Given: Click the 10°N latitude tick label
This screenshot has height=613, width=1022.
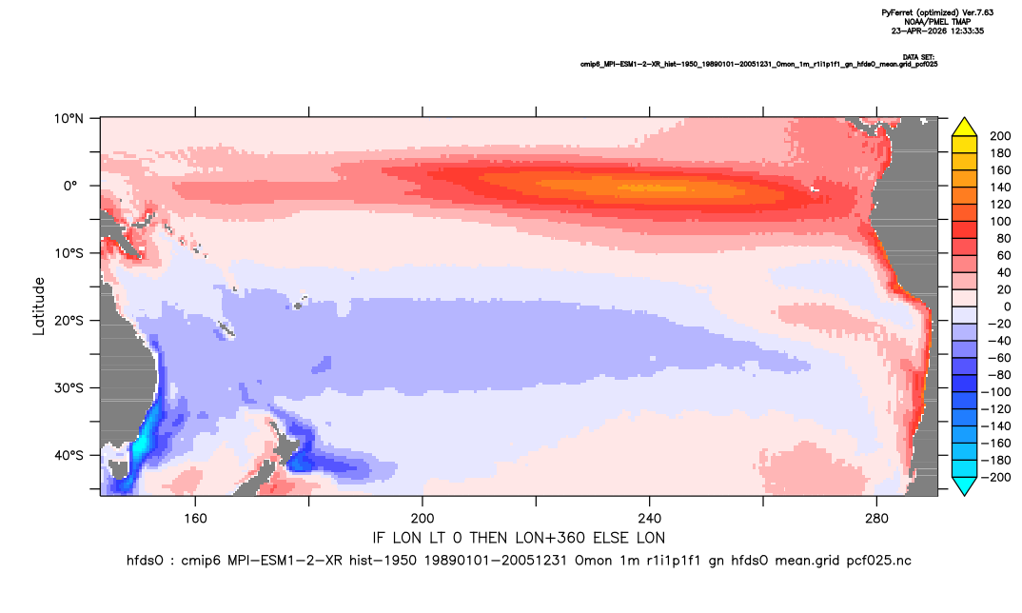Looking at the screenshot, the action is click(68, 119).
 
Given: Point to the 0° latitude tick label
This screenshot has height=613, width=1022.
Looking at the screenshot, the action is click(71, 186).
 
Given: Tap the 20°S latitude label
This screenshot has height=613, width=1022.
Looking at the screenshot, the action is click(68, 320).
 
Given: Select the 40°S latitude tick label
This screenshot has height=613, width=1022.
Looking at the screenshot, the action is click(68, 455).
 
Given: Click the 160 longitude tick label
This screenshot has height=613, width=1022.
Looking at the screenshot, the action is click(195, 519).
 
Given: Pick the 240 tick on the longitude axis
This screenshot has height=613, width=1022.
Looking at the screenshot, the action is click(650, 519).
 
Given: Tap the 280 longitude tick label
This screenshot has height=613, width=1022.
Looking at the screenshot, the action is click(876, 519).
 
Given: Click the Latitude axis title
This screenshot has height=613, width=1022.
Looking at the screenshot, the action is click(39, 306).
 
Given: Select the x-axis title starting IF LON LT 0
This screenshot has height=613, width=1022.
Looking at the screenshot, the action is click(519, 538).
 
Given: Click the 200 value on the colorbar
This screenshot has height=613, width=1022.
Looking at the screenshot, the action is click(1000, 136).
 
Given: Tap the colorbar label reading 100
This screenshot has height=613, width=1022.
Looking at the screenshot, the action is click(1000, 221).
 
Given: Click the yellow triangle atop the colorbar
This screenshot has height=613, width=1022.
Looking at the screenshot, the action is click(964, 128).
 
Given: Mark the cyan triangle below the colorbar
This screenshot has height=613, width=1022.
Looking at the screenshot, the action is click(964, 485).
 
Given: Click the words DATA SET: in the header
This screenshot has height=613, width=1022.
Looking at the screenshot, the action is click(918, 57).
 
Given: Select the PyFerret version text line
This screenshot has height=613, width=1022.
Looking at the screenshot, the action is click(937, 12).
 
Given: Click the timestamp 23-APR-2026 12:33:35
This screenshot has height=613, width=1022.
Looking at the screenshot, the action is click(937, 30).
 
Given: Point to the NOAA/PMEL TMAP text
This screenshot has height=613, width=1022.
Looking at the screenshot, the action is click(937, 22).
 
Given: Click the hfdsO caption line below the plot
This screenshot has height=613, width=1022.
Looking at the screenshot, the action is click(519, 561).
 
